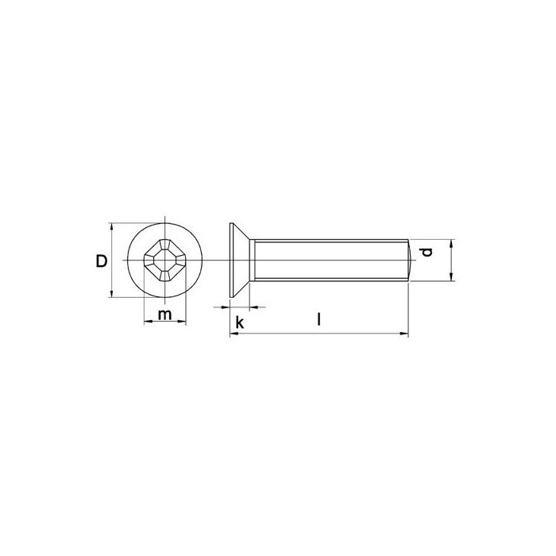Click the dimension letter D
[102, 261]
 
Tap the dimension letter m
[164, 315]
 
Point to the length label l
[318, 320]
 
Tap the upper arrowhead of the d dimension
[451, 243]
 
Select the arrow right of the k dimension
[255, 307]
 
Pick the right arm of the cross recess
[181, 261]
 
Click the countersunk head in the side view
[240, 261]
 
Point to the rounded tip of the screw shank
[409, 260]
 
